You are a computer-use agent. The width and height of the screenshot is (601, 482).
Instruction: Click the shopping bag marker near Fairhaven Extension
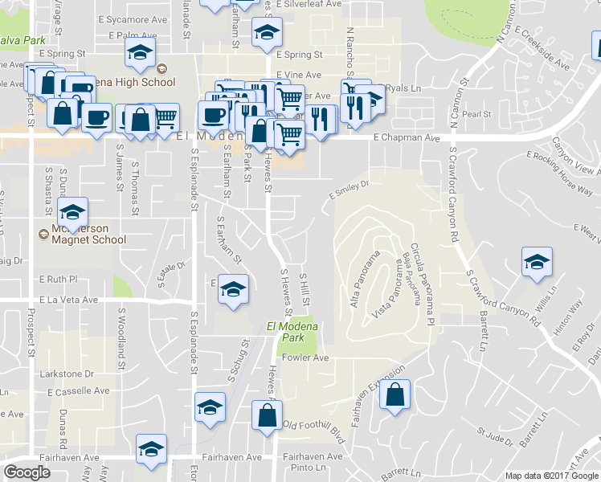395,395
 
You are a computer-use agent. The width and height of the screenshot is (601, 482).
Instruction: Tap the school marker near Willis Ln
536,263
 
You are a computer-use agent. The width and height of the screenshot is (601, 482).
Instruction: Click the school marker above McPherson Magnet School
73,212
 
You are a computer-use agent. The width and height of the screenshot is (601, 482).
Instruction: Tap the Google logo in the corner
27,472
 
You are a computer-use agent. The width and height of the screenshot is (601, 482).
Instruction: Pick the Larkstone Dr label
67,374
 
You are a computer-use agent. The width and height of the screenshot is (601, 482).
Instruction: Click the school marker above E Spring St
264,33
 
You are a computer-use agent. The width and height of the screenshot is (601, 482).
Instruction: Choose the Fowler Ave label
305,358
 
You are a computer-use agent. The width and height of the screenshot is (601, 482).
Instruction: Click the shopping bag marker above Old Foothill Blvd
267,415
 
